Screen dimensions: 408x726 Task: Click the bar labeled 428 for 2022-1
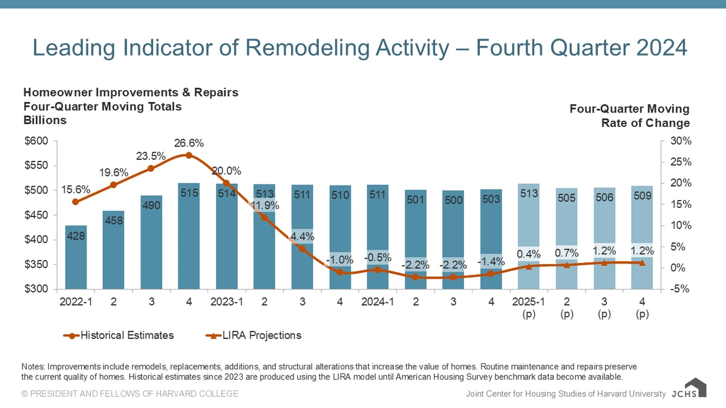point(76,257)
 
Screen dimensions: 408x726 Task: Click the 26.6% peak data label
point(189,144)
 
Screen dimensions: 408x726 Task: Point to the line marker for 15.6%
point(76,202)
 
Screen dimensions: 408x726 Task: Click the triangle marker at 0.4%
point(529,266)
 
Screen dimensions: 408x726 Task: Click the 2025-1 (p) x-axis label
point(529,307)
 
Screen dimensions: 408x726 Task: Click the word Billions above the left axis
point(45,120)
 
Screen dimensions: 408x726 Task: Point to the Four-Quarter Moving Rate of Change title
point(629,116)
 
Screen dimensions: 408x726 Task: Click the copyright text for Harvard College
point(130,394)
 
